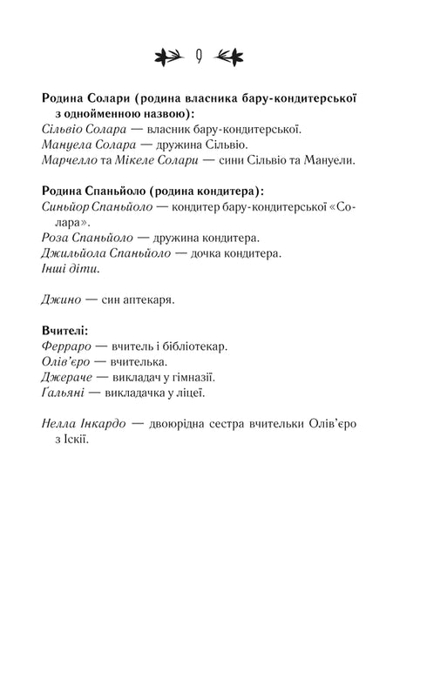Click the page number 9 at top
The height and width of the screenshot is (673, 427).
tap(200, 57)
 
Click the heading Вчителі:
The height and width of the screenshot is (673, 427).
tap(64, 331)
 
